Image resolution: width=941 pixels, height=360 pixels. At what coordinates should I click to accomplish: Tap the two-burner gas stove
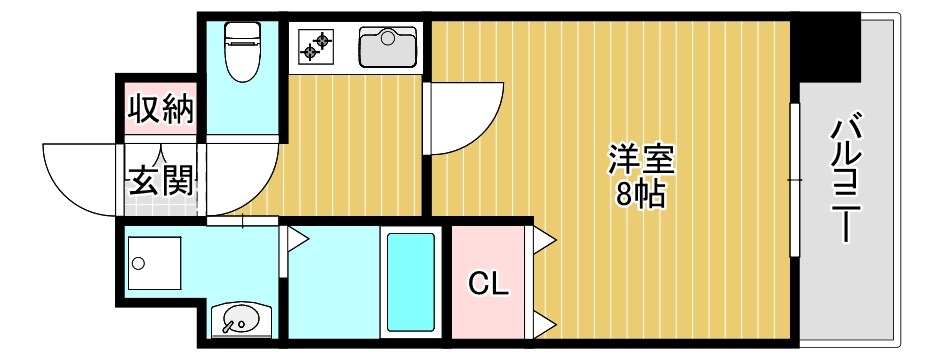pyautogui.click(x=317, y=46)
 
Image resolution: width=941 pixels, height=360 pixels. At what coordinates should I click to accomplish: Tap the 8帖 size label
pyautogui.click(x=641, y=194)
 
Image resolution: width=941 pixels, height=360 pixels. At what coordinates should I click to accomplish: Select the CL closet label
pyautogui.click(x=489, y=284)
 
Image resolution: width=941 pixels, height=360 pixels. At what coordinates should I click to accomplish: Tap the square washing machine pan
pyautogui.click(x=154, y=263)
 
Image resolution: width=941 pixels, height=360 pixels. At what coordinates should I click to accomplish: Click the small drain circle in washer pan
pyautogui.click(x=139, y=264)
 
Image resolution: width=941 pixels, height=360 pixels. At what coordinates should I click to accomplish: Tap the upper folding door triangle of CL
pyautogui.click(x=544, y=239)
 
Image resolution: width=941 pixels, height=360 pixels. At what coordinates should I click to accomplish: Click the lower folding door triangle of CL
pyautogui.click(x=544, y=322)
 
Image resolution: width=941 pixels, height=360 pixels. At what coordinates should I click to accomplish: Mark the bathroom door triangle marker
pyautogui.click(x=297, y=239)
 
